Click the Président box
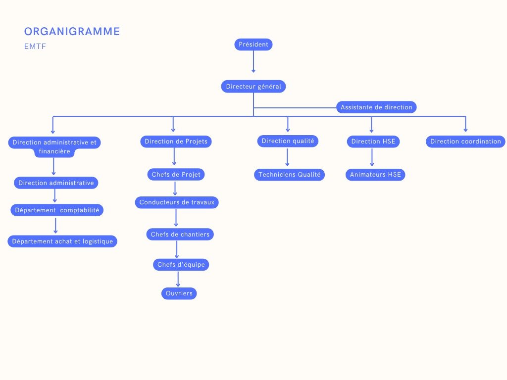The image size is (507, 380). [x=253, y=45]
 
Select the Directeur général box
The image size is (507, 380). [x=253, y=87]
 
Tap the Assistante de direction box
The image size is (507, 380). [x=376, y=107]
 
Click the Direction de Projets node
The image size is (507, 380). [x=176, y=142]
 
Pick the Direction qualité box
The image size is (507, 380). [x=288, y=141]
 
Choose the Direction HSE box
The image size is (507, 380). [x=373, y=142]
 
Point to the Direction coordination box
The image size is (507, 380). [x=465, y=142]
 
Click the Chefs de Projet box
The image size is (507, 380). [x=176, y=174]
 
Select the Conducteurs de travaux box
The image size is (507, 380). [x=177, y=202]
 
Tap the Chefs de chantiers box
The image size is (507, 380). [x=180, y=234]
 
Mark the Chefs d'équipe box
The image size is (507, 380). [x=181, y=265]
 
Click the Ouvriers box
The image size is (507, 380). [x=179, y=293]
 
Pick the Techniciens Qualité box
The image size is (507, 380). [x=290, y=174]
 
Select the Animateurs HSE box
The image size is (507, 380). [x=375, y=174]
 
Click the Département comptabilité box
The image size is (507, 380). [x=57, y=210]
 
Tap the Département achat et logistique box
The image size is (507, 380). [x=62, y=241]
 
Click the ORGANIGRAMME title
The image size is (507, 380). [x=72, y=32]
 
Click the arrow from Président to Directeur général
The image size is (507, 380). [x=253, y=62]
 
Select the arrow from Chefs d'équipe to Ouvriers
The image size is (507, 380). [x=178, y=279]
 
